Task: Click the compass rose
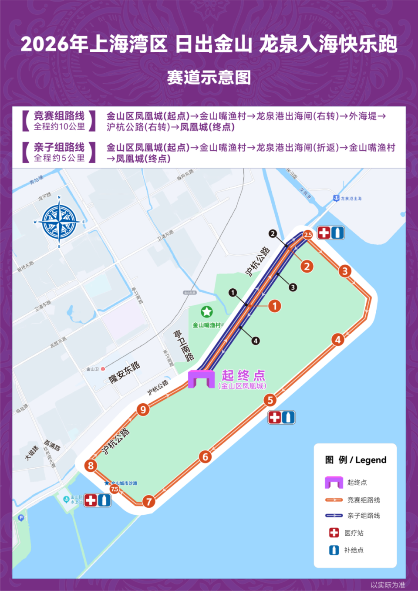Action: (x=59, y=223)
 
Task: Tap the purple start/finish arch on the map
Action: (x=201, y=379)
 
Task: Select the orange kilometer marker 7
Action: (x=148, y=501)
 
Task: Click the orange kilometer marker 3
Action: (x=345, y=271)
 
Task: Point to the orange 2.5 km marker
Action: (x=308, y=235)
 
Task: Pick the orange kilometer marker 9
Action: (x=143, y=409)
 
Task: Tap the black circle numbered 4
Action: (x=256, y=341)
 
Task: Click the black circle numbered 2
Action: (x=273, y=234)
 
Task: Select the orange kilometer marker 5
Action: (x=270, y=400)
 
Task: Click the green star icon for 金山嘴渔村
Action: (x=206, y=311)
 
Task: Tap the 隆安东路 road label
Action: (x=125, y=372)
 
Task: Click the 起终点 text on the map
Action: (x=243, y=375)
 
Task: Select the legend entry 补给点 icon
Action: (x=334, y=550)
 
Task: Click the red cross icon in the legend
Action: (x=334, y=533)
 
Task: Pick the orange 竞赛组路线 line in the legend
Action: (x=334, y=500)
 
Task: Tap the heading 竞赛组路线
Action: (x=59, y=116)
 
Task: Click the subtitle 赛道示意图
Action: (x=209, y=78)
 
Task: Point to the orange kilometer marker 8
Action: (x=91, y=465)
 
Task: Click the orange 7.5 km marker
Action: (x=115, y=489)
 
